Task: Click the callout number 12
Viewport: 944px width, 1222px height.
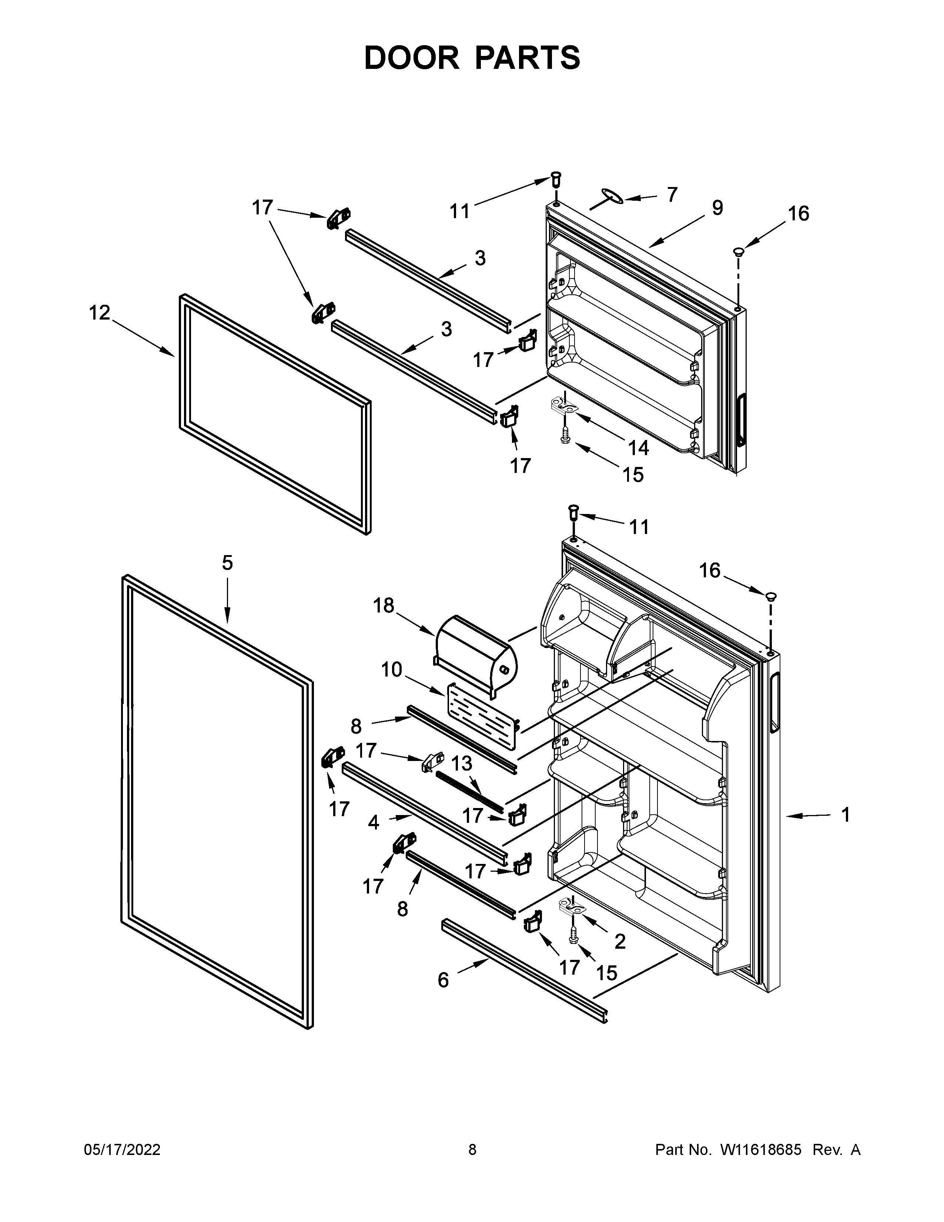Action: tap(100, 313)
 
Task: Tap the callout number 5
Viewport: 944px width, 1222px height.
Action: tap(227, 563)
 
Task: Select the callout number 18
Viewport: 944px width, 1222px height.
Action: tap(384, 605)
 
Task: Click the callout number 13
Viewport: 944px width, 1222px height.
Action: tap(461, 763)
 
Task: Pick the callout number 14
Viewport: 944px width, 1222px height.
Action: tap(638, 448)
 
